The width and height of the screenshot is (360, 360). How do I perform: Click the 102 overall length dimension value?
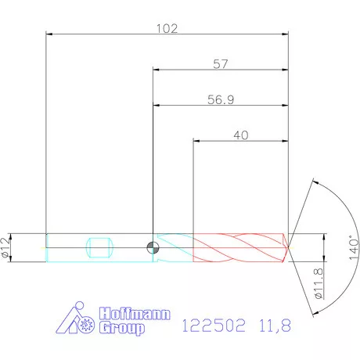point(167,28)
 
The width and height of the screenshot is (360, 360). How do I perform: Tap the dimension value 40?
point(240,135)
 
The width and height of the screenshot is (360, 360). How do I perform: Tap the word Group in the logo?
point(123,329)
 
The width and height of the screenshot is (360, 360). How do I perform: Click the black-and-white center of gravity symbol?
point(152,247)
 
